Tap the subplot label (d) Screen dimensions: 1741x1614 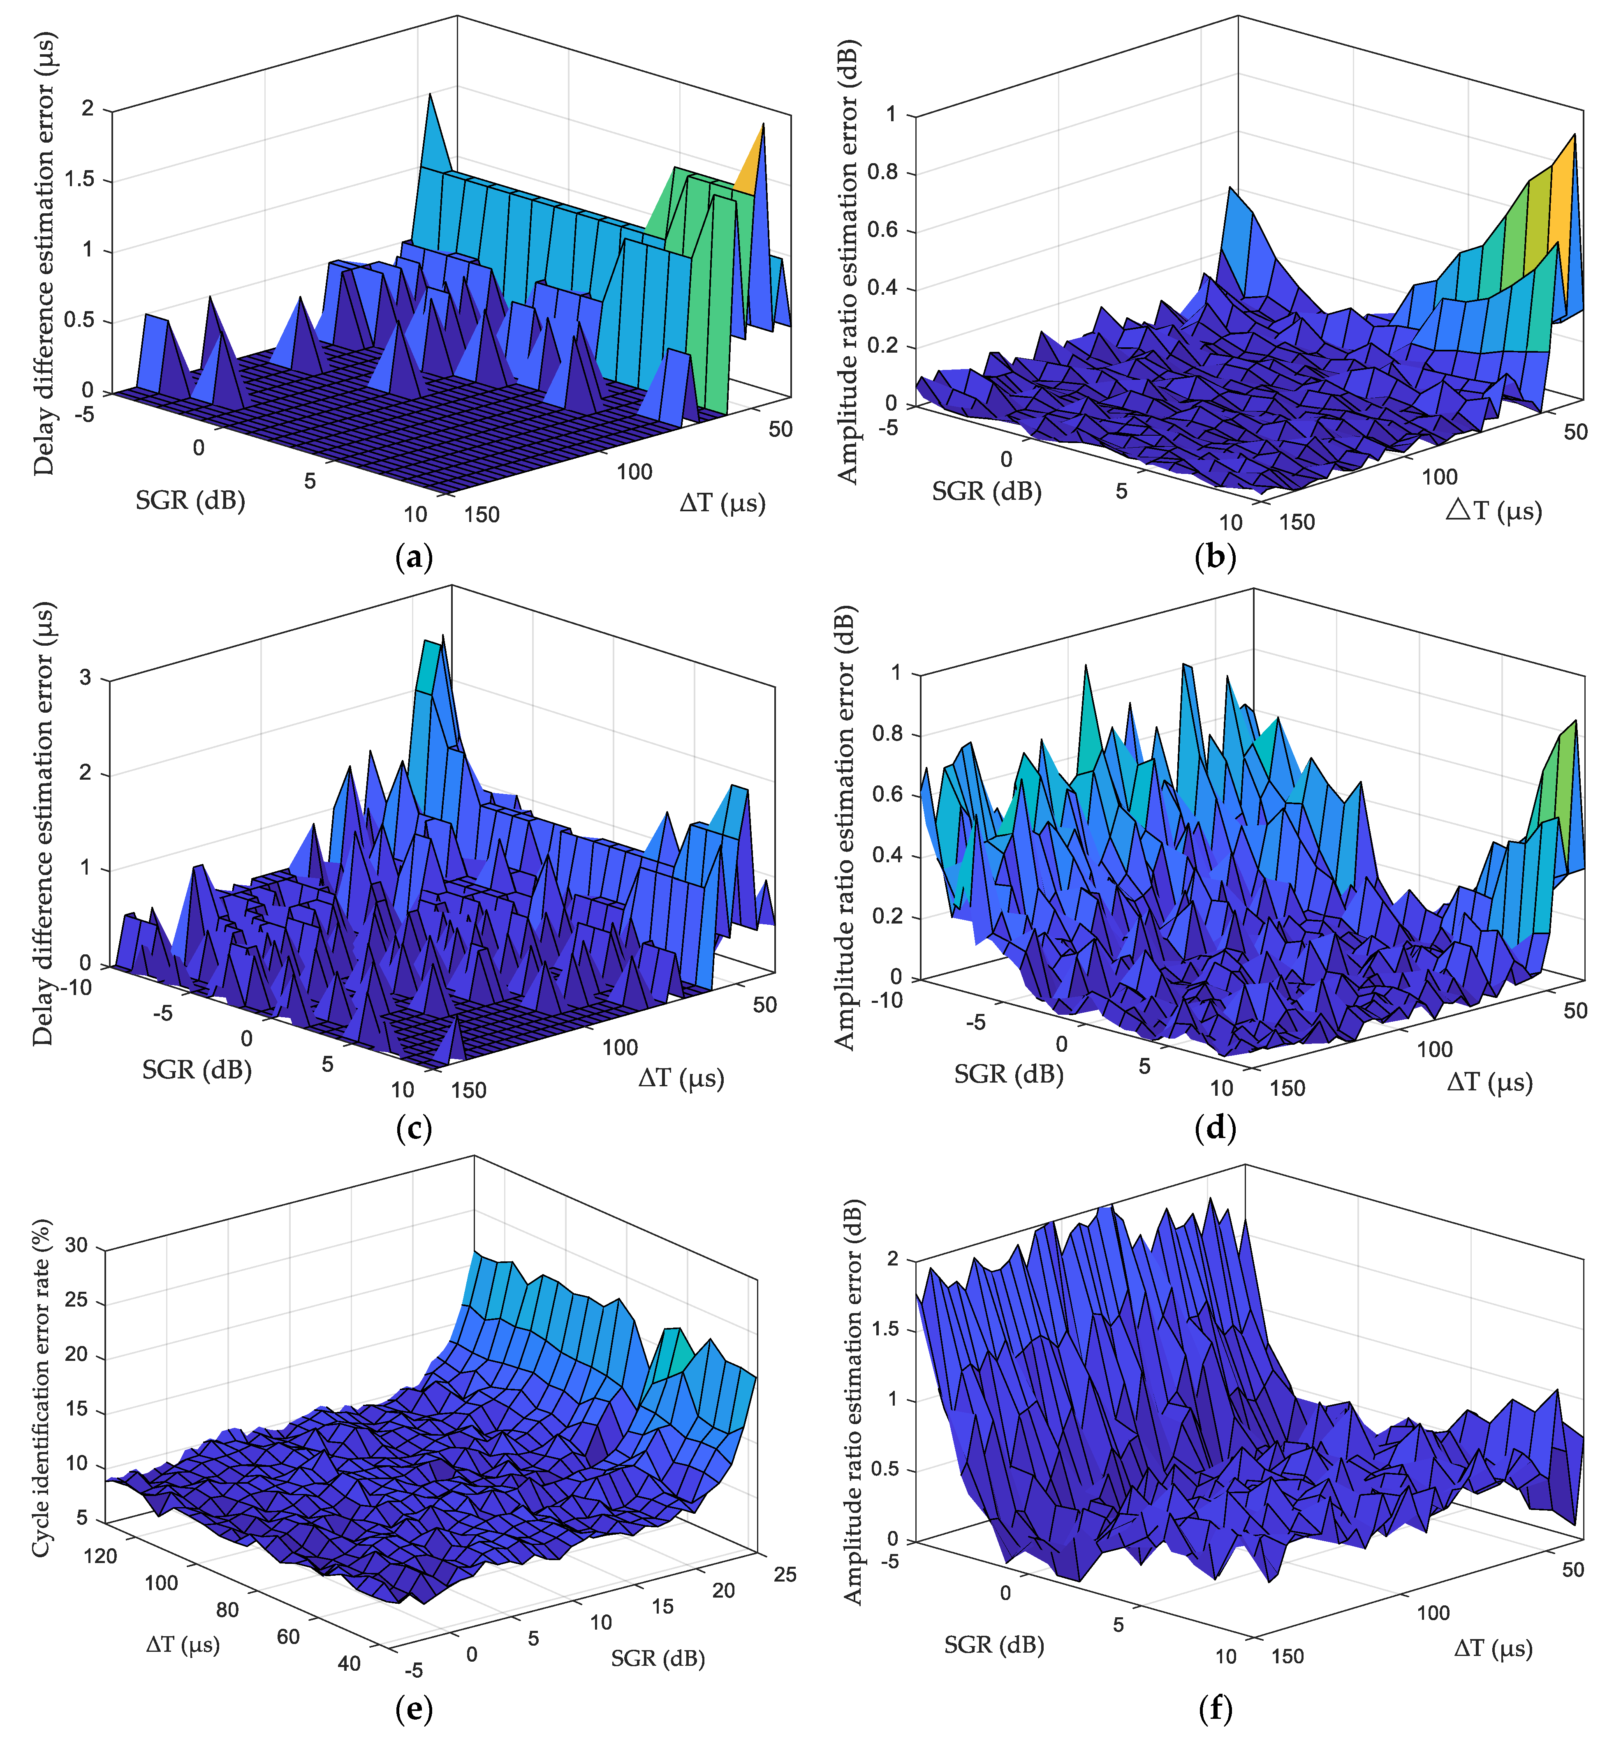[1215, 1128]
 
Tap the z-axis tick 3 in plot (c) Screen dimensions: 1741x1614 [86, 679]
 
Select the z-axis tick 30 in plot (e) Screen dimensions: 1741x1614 [77, 1246]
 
